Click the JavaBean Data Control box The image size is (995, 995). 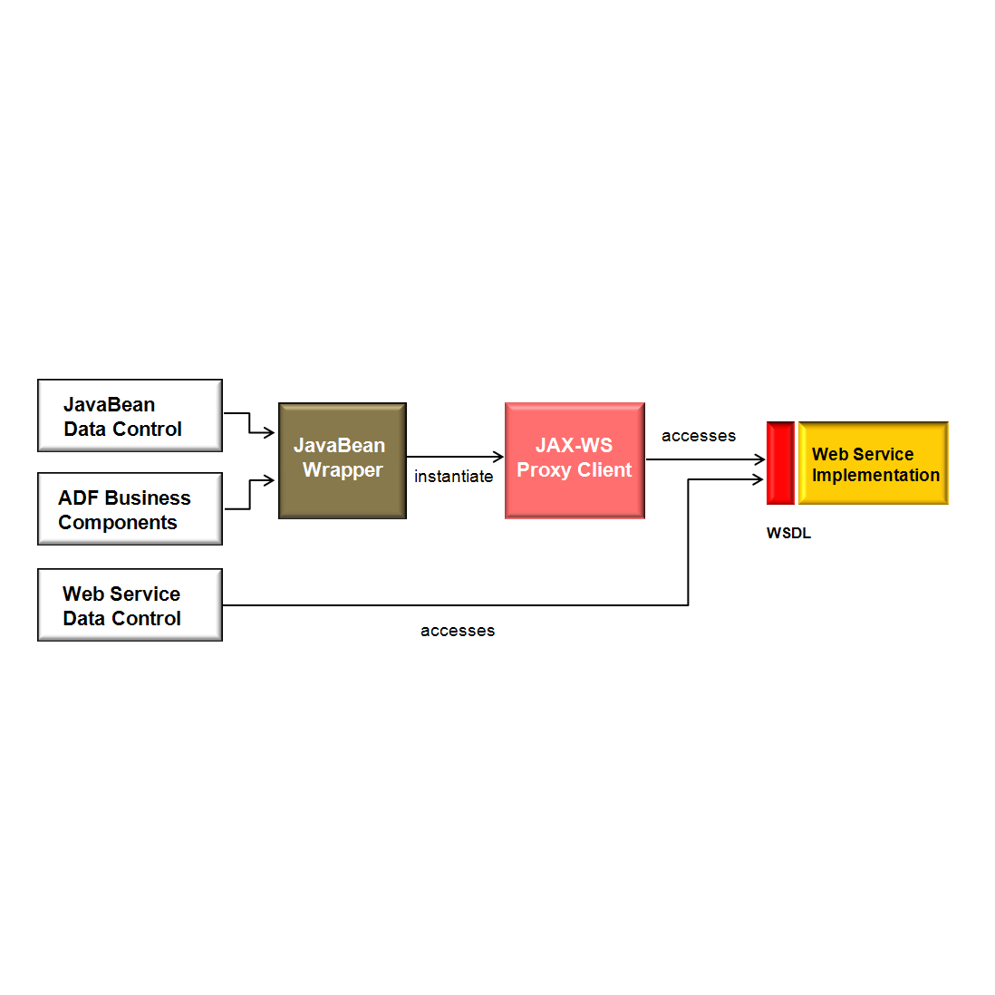[130, 415]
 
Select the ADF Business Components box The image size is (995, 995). [130, 509]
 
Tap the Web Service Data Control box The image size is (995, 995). [130, 605]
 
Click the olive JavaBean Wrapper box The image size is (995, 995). [342, 460]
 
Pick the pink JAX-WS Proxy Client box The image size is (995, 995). [575, 460]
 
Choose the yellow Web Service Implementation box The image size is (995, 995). [874, 463]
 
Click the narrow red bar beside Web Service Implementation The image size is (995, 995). [779, 463]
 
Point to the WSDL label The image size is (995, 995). [788, 534]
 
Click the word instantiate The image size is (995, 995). [453, 477]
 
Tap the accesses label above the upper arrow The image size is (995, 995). [698, 436]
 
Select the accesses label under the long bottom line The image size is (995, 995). [458, 631]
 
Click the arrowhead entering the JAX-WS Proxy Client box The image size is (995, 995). [498, 457]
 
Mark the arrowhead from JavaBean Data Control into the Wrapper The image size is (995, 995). [269, 433]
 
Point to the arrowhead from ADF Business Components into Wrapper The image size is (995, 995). [269, 481]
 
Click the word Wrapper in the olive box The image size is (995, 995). [343, 470]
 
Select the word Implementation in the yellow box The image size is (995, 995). [875, 476]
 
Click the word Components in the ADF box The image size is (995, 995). [118, 523]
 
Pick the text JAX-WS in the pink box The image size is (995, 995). [574, 446]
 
